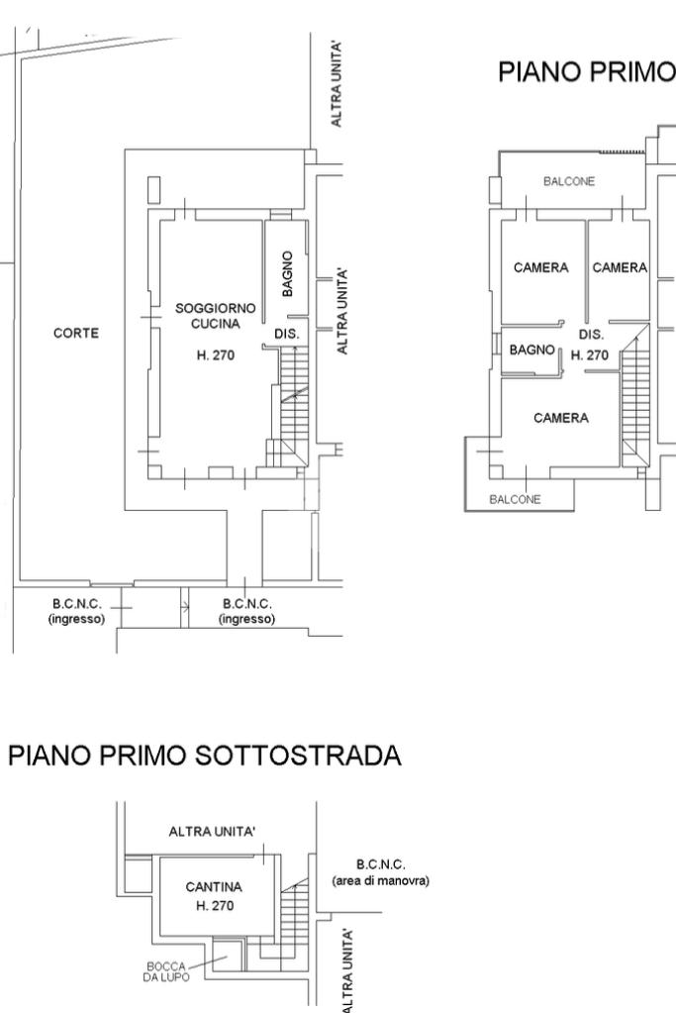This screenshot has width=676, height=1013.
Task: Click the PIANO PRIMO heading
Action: [586, 71]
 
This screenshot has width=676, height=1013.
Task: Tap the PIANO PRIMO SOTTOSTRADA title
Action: [205, 756]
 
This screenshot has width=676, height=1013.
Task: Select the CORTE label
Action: [76, 334]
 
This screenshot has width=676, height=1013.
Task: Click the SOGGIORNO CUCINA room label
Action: [216, 316]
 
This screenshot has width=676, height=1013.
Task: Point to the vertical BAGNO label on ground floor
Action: [287, 274]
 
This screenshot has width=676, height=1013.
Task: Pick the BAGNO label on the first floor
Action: [532, 350]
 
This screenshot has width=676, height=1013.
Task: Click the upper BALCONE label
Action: [569, 181]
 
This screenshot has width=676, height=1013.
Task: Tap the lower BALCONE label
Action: [516, 499]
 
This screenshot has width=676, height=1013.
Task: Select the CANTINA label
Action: [214, 887]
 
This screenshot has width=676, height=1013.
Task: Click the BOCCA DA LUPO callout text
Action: [166, 971]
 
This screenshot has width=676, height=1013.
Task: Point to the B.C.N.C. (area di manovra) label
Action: [380, 872]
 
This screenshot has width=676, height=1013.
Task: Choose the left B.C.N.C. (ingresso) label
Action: [77, 611]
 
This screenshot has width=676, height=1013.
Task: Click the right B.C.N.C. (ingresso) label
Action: [247, 611]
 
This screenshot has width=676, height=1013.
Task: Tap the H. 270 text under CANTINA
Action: [215, 906]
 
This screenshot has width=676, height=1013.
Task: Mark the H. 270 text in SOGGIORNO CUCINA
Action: [215, 355]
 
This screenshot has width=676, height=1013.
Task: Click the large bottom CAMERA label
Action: [561, 418]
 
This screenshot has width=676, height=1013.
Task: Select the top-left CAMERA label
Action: [541, 267]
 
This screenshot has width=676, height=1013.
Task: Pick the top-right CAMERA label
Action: [620, 267]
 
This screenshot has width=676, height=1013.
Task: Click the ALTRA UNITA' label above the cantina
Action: [212, 832]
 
